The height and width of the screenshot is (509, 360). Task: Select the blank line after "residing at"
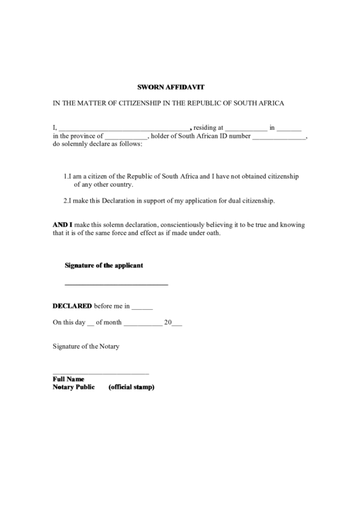[x=246, y=128]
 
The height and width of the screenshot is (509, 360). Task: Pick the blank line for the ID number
[x=279, y=137]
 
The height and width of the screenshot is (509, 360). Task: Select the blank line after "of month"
[x=143, y=324]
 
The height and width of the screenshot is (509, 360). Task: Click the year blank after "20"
[x=177, y=324]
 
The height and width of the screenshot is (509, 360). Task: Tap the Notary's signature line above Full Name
[x=101, y=373]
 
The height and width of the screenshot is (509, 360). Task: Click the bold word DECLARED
[x=72, y=306]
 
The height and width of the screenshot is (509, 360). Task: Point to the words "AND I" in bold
[x=62, y=224]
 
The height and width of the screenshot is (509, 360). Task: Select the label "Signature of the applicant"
[x=103, y=265]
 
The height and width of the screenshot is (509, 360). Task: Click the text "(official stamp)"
[x=132, y=387]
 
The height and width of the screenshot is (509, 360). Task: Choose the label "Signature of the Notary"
[x=86, y=347]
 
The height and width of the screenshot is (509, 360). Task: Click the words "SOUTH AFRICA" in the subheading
[x=260, y=103]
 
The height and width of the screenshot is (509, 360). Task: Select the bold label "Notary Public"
[x=74, y=387]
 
